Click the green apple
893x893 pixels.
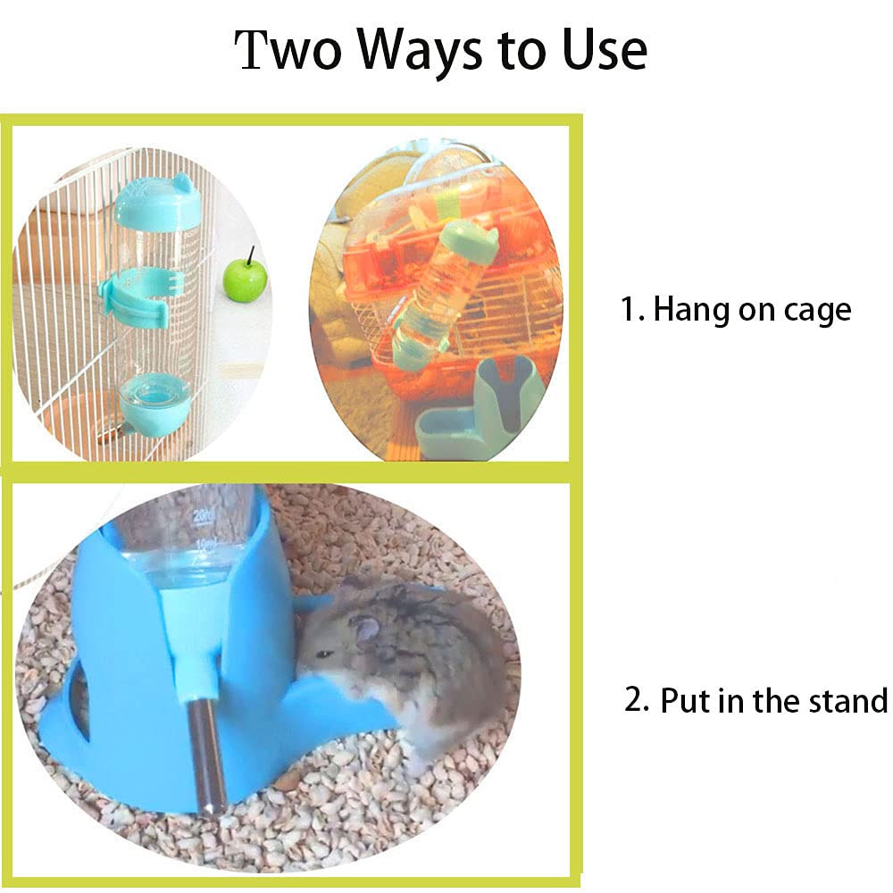coord(245,280)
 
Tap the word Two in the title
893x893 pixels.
coord(288,50)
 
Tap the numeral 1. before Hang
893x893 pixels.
coord(631,310)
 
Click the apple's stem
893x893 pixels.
coord(251,255)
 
